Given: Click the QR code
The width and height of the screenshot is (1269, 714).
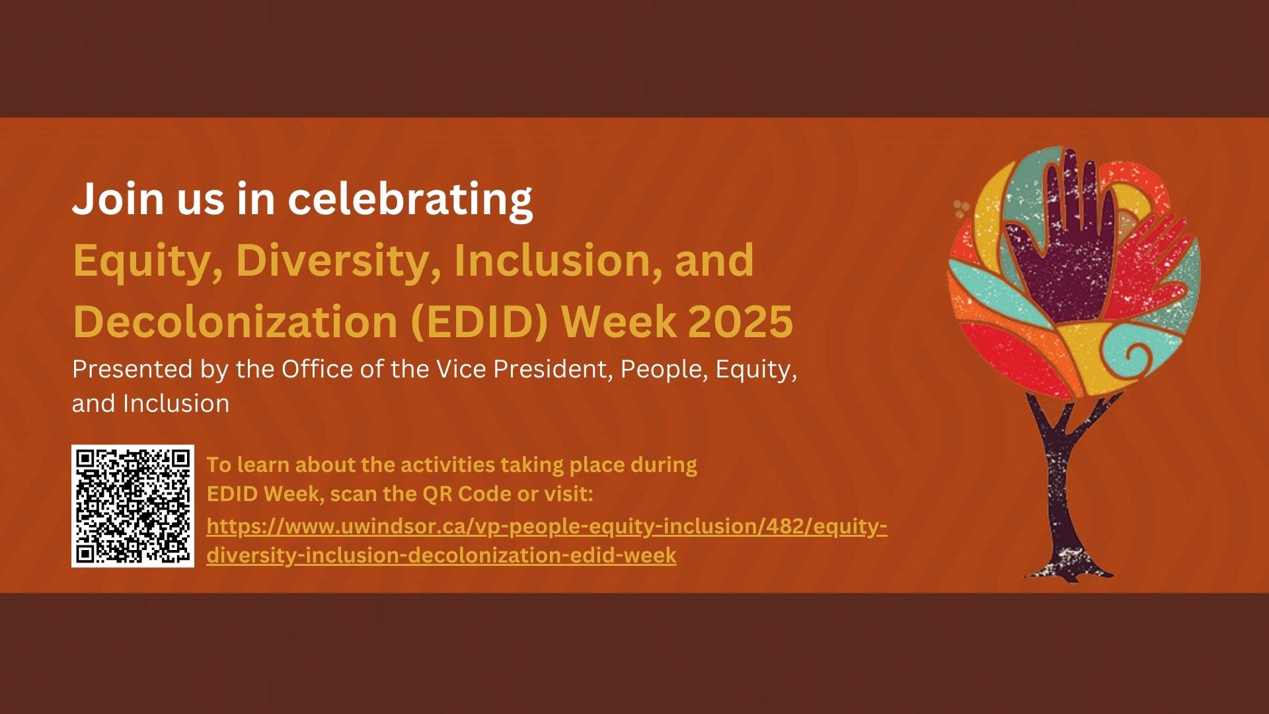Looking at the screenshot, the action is (133, 506).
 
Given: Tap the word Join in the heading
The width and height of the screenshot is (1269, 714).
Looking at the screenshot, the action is (118, 198).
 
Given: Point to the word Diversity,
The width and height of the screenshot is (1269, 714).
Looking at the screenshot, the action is (338, 261).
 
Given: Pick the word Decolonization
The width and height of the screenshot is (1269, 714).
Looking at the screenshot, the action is (235, 321).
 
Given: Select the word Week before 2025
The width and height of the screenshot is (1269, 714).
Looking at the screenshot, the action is (619, 322).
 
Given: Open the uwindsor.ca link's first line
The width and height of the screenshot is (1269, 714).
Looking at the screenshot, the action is (547, 527).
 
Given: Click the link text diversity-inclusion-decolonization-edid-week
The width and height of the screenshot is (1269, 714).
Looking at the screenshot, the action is (441, 555).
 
